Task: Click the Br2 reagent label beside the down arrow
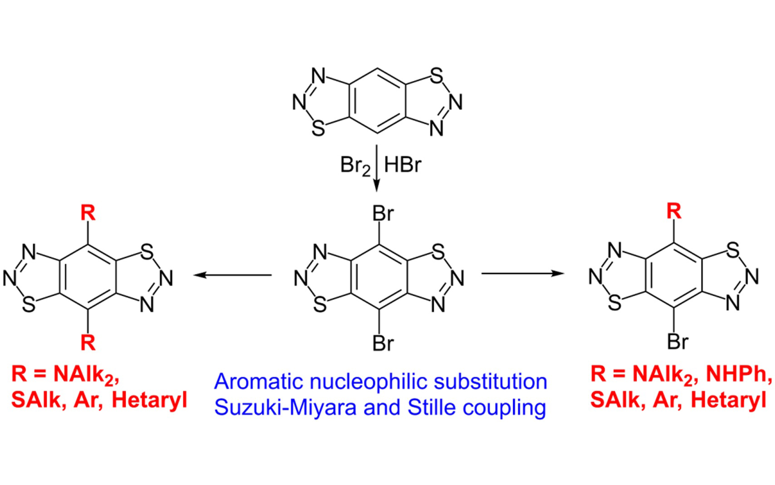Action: pyautogui.click(x=355, y=165)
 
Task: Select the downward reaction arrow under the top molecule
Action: pyautogui.click(x=376, y=168)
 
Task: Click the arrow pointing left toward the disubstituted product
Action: pyautogui.click(x=232, y=275)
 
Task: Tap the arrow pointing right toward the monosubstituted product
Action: pyautogui.click(x=522, y=273)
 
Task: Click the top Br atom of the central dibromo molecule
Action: pyautogui.click(x=383, y=213)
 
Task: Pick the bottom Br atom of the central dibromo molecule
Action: pyautogui.click(x=383, y=343)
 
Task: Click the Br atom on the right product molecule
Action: pyautogui.click(x=678, y=341)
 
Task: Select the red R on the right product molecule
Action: pyautogui.click(x=674, y=211)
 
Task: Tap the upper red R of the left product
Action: pyautogui.click(x=88, y=213)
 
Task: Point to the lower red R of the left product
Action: pyautogui.click(x=88, y=342)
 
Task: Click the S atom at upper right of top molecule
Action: pyautogui.click(x=436, y=76)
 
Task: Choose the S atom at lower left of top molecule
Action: pyautogui.click(x=319, y=129)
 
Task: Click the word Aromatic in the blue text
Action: pyautogui.click(x=259, y=381)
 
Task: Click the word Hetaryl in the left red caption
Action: pyautogui.click(x=149, y=400)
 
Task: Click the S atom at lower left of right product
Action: pyautogui.click(x=614, y=302)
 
